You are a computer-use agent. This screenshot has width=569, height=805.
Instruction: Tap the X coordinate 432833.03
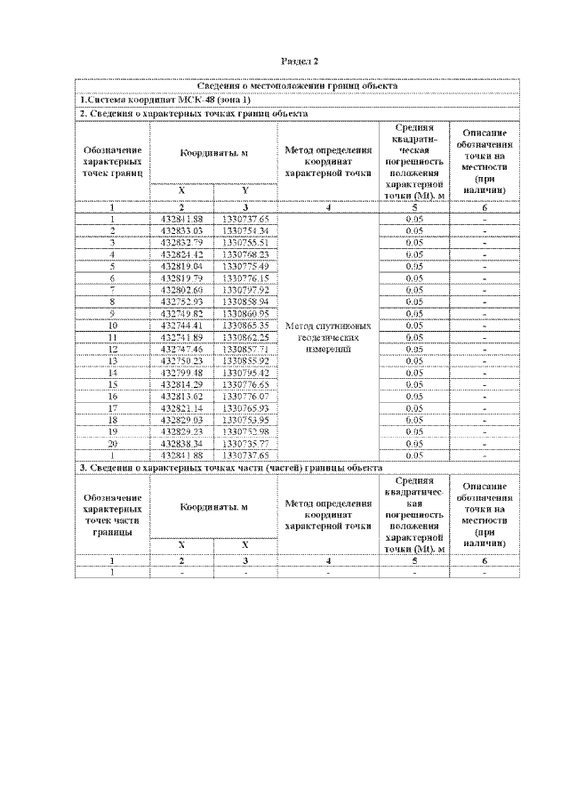coord(182,230)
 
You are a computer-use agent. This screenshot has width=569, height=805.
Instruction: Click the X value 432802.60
coord(182,289)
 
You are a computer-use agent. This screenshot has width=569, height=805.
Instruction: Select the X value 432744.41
coord(182,326)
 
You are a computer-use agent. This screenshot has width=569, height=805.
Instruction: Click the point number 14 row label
coord(113,372)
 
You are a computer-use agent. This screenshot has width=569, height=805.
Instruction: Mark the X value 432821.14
coord(182,407)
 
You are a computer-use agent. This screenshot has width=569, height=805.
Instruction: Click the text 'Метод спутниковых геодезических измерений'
coord(328,337)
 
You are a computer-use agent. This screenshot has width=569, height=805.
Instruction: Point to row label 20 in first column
coord(113,442)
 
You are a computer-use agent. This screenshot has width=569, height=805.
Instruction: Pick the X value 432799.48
coord(182,372)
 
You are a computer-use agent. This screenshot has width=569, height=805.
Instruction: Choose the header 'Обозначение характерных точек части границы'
coord(113,515)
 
